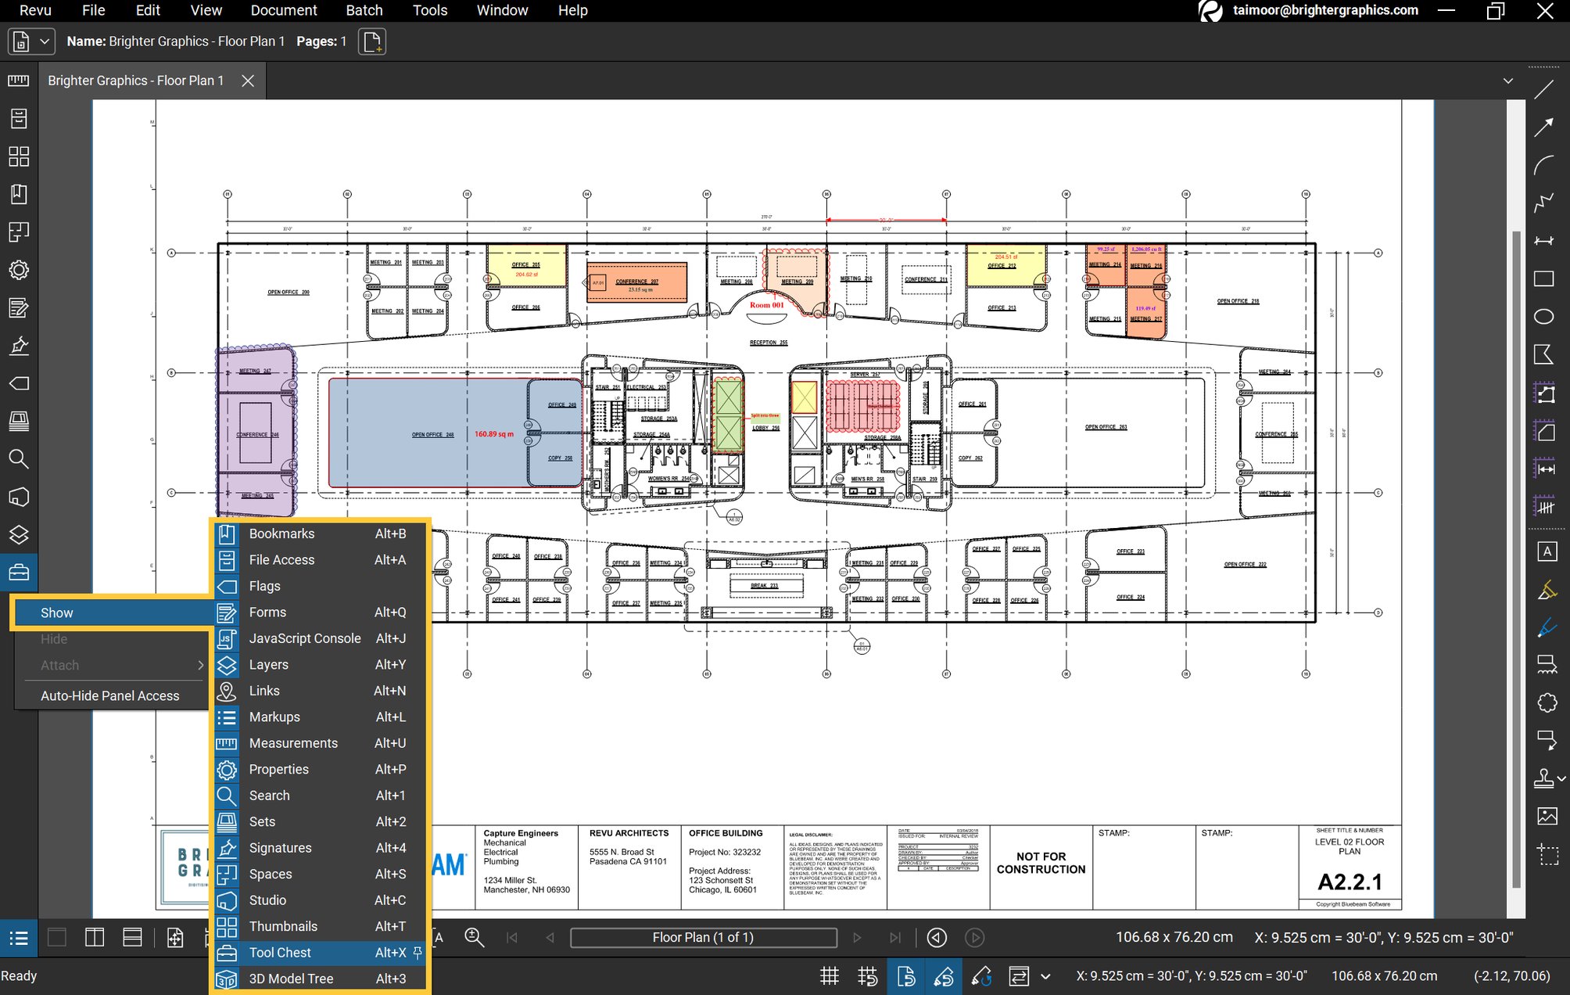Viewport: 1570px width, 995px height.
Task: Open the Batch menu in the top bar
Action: pyautogui.click(x=364, y=10)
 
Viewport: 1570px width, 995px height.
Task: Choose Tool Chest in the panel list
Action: pyautogui.click(x=280, y=952)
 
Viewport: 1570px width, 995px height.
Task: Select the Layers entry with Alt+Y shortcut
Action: pyautogui.click(x=268, y=664)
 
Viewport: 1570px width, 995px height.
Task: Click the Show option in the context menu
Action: pyautogui.click(x=57, y=612)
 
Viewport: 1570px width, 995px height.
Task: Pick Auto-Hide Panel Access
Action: pyautogui.click(x=109, y=695)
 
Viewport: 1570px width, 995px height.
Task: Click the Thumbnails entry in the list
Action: pyautogui.click(x=283, y=926)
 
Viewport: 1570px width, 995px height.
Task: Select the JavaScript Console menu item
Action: pyautogui.click(x=305, y=638)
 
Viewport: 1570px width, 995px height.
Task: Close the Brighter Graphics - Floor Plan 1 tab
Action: pyautogui.click(x=248, y=81)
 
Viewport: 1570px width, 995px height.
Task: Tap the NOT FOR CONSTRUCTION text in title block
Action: pyautogui.click(x=1041, y=863)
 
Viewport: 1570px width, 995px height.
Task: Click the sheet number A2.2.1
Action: pyautogui.click(x=1350, y=882)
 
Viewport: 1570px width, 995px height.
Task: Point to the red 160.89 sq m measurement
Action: pyautogui.click(x=494, y=433)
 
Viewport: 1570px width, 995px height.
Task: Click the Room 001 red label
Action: pyautogui.click(x=766, y=305)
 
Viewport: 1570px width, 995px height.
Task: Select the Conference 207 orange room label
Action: pyautogui.click(x=636, y=282)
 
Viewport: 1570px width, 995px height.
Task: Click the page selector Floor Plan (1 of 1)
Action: pyautogui.click(x=702, y=937)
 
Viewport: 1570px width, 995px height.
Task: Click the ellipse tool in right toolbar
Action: pyautogui.click(x=1543, y=316)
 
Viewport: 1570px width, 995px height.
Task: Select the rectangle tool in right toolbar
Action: pyautogui.click(x=1543, y=278)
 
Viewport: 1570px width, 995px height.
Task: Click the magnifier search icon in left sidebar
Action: pyautogui.click(x=19, y=459)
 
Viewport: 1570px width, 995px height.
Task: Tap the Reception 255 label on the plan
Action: pyautogui.click(x=768, y=343)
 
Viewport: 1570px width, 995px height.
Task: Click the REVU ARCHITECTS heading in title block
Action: pyautogui.click(x=629, y=833)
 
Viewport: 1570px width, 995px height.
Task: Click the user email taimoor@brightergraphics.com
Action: pyautogui.click(x=1325, y=10)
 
